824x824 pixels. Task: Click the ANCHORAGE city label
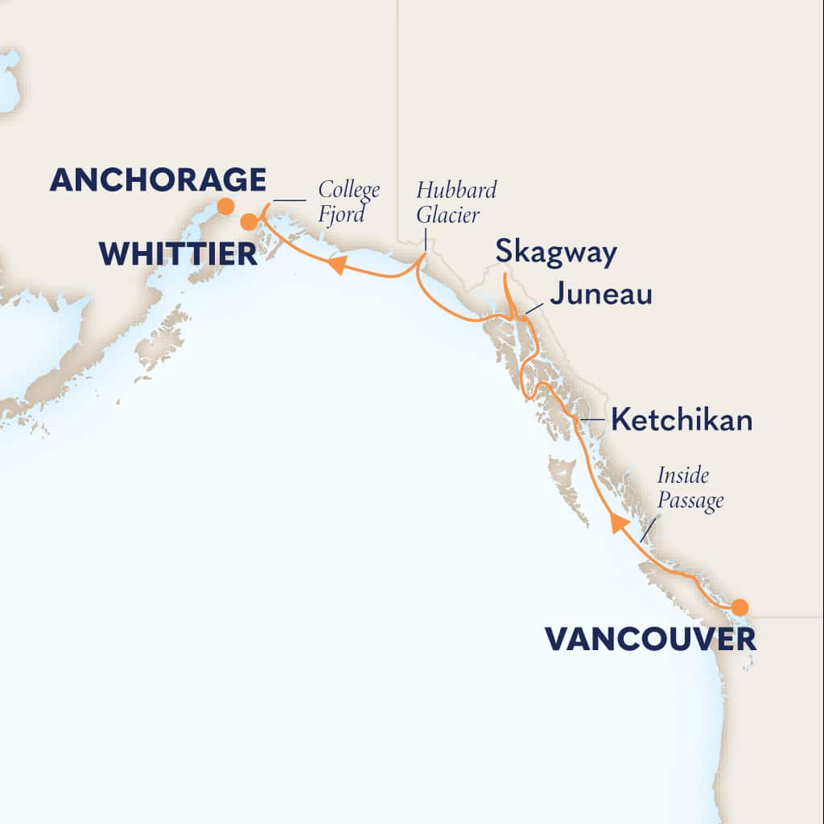click(157, 179)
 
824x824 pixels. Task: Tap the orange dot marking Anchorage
click(226, 206)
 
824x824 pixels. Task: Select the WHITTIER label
click(178, 254)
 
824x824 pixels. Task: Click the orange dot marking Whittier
click(249, 222)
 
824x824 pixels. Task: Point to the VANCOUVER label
click(650, 640)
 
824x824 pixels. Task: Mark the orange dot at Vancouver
click(739, 607)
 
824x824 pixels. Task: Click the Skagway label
click(556, 252)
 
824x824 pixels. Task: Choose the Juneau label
click(600, 295)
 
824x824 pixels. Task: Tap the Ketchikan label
click(682, 420)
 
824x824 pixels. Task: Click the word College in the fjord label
click(348, 191)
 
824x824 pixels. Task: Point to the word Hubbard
click(456, 191)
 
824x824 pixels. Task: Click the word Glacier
click(447, 214)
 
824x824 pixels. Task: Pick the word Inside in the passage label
click(682, 476)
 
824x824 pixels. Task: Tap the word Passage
click(690, 501)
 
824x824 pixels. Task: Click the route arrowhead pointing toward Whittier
click(336, 265)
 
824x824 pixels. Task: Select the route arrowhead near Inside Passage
click(617, 523)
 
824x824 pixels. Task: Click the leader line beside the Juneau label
click(534, 307)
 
